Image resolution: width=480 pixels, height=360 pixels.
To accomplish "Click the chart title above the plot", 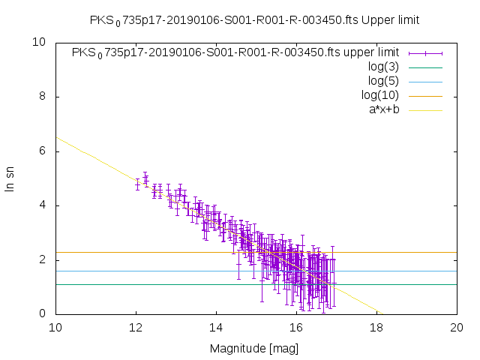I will click(x=253, y=19).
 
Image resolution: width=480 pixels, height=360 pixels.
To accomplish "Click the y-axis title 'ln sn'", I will click(x=10, y=178).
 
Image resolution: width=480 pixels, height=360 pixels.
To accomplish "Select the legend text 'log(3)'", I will click(x=383, y=67).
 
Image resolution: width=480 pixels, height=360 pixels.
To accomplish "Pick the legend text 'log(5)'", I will click(x=383, y=81).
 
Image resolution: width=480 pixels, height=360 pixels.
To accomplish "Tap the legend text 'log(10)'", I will click(x=380, y=95).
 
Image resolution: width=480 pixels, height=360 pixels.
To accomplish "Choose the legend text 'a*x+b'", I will click(x=383, y=109).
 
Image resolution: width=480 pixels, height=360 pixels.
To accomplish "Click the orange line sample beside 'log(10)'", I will click(x=425, y=95).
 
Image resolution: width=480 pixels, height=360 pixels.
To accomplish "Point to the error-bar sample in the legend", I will click(x=425, y=52).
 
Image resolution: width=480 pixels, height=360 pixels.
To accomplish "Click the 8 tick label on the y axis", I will click(x=43, y=97).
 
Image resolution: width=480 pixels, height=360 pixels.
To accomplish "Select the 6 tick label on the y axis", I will click(x=43, y=151).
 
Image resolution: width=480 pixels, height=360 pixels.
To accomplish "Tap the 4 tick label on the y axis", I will click(x=43, y=205).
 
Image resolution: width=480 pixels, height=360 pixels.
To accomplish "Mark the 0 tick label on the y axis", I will click(x=43, y=313).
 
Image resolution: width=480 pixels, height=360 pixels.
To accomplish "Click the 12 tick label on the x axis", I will click(x=136, y=328).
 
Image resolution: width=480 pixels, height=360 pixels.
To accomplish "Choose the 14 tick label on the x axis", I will click(x=216, y=328).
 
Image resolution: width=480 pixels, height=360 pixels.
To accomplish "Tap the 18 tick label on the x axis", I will click(x=376, y=328).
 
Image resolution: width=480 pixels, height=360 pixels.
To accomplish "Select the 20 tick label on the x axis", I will click(x=457, y=328).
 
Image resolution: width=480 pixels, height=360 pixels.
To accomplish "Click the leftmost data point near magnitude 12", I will click(x=137, y=184).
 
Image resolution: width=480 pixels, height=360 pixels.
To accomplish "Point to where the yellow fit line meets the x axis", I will click(x=380, y=313).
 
